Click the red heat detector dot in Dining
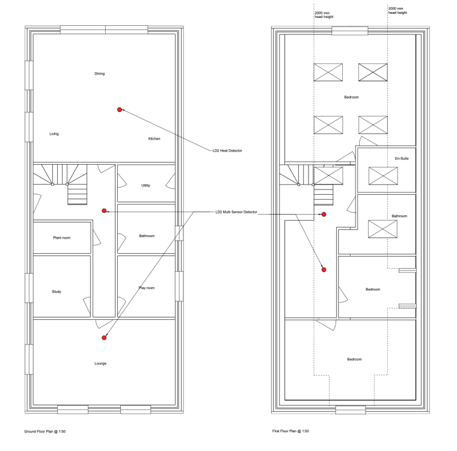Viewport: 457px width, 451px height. click(120, 109)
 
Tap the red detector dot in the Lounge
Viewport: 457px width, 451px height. click(104, 337)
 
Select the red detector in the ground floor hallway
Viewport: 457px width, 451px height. click(104, 211)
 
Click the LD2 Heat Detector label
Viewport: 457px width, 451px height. click(227, 151)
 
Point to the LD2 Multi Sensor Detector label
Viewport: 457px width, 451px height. click(236, 212)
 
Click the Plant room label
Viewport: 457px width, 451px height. click(62, 238)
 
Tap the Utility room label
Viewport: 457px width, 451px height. click(146, 185)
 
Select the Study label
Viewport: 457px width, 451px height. click(57, 292)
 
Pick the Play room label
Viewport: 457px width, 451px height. click(147, 288)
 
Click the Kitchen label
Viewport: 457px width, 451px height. click(154, 139)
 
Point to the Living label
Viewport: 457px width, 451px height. click(54, 134)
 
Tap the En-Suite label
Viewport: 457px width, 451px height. click(402, 159)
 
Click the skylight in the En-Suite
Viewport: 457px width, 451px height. click(383, 176)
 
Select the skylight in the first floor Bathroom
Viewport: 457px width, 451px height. click(382, 229)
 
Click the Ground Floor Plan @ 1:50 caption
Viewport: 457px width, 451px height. click(45, 432)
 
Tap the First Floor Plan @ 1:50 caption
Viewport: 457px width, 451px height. click(290, 431)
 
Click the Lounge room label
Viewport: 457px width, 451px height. click(100, 364)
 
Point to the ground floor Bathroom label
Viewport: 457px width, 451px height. click(147, 236)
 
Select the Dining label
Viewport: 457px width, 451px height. click(99, 74)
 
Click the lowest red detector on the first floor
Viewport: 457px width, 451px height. click(324, 269)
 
